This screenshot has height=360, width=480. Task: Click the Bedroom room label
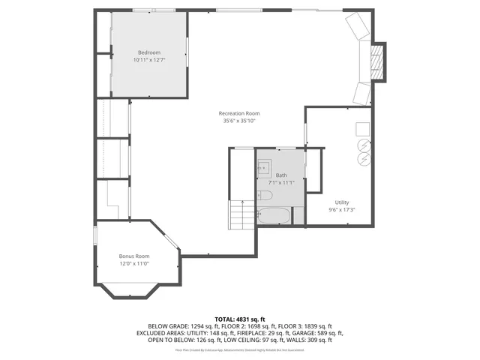pos(148,52)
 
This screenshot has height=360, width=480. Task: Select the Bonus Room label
pos(134,256)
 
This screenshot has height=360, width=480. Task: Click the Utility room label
pos(341,202)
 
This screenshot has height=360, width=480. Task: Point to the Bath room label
pos(281,175)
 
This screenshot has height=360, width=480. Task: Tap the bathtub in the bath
pos(274,216)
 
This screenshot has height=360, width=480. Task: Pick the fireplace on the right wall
pos(380,61)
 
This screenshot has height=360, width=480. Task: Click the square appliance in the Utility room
pos(362,127)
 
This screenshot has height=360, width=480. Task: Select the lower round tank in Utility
pos(362,159)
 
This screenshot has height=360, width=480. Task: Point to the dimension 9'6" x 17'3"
pos(341,210)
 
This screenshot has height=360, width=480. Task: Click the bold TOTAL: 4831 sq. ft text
pos(239,318)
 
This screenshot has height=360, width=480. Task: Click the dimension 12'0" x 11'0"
pos(134,263)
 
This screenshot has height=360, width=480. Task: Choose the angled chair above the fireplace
pos(357,28)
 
